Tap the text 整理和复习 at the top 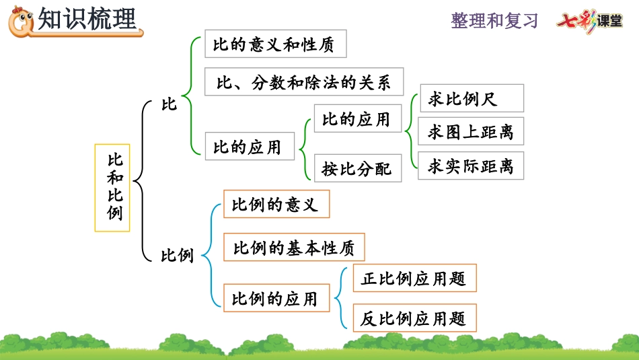click(494, 21)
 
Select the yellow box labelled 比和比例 click(112, 188)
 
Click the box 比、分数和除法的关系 click(303, 82)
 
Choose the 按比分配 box click(357, 168)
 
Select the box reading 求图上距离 click(471, 132)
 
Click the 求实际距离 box click(471, 166)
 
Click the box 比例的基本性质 click(293, 248)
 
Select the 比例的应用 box click(275, 297)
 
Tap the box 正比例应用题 click(414, 278)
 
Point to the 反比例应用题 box click(414, 318)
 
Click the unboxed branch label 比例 click(177, 256)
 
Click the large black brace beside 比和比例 click(141, 180)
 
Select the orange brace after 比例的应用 click(340, 297)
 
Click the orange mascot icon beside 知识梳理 click(20, 21)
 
